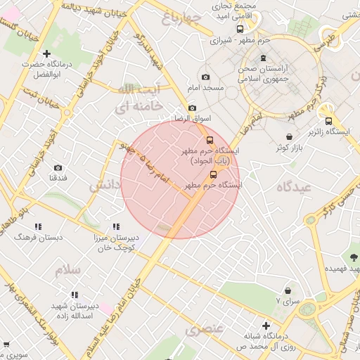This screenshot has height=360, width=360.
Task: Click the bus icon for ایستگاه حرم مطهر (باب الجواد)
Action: coord(209,139)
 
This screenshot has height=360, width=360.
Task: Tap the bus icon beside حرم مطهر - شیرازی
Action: coord(240,30)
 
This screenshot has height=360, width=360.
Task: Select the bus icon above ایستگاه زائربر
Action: coord(328,120)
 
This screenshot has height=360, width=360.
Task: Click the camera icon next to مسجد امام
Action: coord(205,77)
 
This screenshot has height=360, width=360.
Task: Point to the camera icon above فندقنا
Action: coord(58,168)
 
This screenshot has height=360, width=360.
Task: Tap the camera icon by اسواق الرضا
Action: coord(192,108)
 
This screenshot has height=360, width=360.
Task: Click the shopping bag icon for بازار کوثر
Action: coord(290,137)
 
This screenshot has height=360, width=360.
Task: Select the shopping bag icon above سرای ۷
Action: coord(288,290)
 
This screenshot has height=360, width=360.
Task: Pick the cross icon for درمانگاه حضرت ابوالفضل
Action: coord(47,53)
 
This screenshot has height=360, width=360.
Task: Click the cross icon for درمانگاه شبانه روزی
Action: coord(265,326)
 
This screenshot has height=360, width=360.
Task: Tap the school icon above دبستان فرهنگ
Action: coord(37,226)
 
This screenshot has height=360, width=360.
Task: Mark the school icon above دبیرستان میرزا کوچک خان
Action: coord(116,227)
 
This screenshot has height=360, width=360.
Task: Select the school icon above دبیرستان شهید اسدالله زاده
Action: coord(74,295)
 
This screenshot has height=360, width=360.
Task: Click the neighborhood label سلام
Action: coord(71,269)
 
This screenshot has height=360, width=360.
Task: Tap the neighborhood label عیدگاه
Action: coord(294,187)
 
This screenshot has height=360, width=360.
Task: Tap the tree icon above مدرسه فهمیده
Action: coord(353,257)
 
